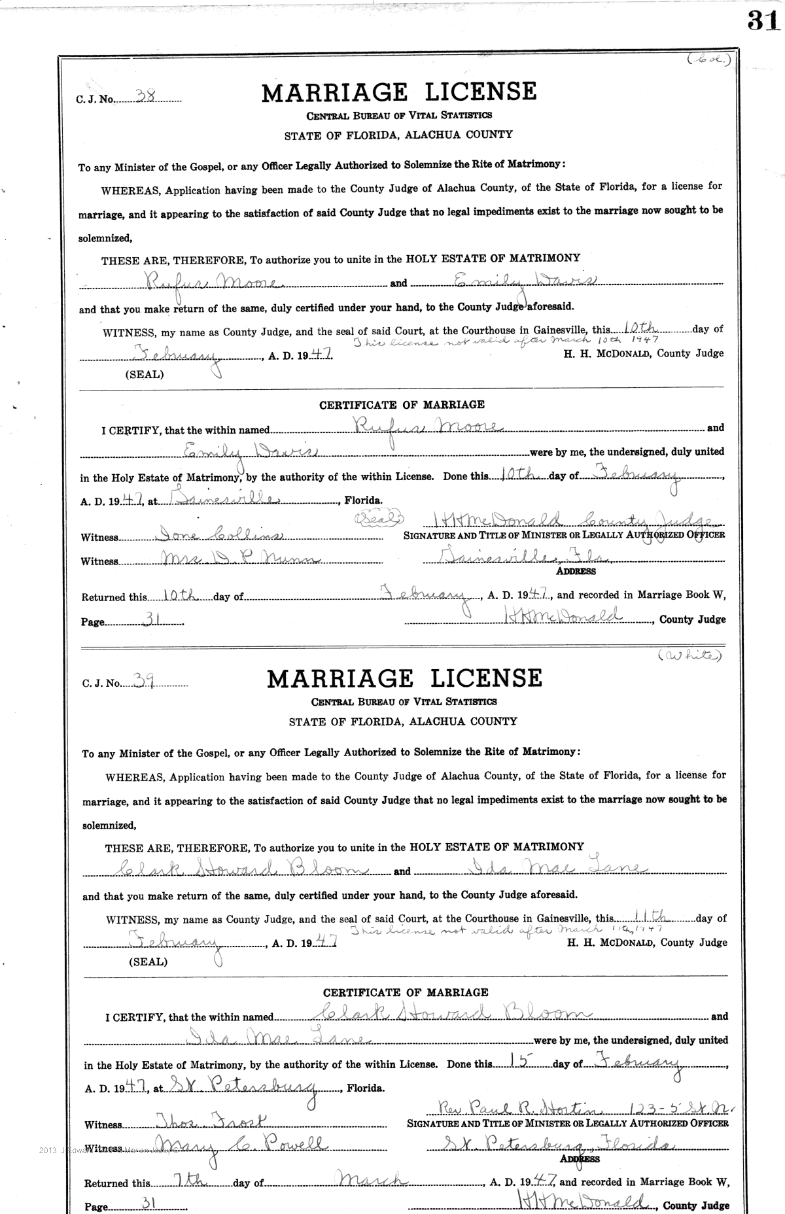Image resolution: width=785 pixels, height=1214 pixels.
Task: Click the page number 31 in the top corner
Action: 763,22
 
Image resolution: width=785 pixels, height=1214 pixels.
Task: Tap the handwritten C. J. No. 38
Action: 145,94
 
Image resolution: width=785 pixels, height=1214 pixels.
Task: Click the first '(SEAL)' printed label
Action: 144,375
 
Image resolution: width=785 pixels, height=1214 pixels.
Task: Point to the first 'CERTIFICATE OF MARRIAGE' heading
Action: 402,405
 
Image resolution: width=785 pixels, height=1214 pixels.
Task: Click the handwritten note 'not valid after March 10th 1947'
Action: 505,340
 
